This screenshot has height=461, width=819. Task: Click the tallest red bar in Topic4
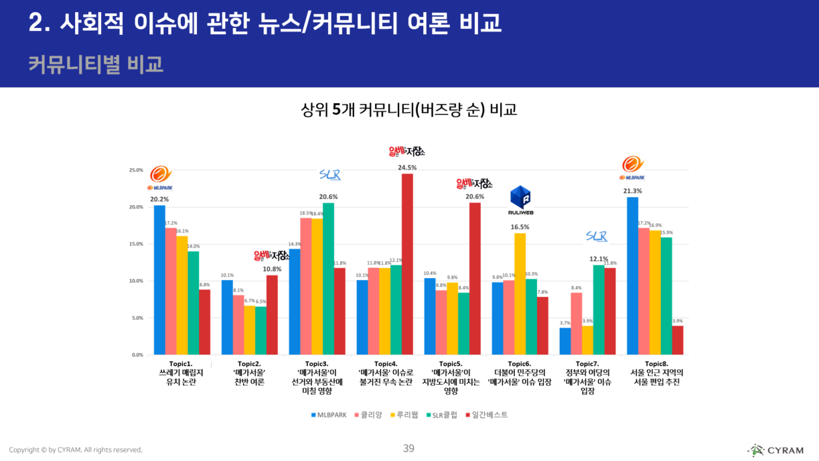pyautogui.click(x=407, y=264)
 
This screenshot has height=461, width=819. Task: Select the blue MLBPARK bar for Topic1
pyautogui.click(x=159, y=279)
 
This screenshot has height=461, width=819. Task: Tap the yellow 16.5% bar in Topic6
pyautogui.click(x=520, y=293)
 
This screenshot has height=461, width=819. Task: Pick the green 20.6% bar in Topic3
pyautogui.click(x=328, y=278)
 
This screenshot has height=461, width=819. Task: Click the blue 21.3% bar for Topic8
pyautogui.click(x=632, y=275)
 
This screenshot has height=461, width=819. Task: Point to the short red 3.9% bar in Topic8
pyautogui.click(x=678, y=340)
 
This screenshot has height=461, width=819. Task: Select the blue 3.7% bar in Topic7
pyautogui.click(x=565, y=341)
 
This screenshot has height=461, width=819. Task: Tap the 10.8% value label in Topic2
pyautogui.click(x=272, y=269)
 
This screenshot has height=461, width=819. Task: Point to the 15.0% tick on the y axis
pyautogui.click(x=136, y=244)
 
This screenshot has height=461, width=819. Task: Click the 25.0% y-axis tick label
pyautogui.click(x=136, y=170)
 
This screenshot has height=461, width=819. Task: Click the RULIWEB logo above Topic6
pyautogui.click(x=521, y=200)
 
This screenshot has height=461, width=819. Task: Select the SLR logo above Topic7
pyautogui.click(x=596, y=236)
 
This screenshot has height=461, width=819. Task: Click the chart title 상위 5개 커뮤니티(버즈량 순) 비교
pyautogui.click(x=409, y=110)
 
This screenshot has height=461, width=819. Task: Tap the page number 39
pyautogui.click(x=408, y=448)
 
